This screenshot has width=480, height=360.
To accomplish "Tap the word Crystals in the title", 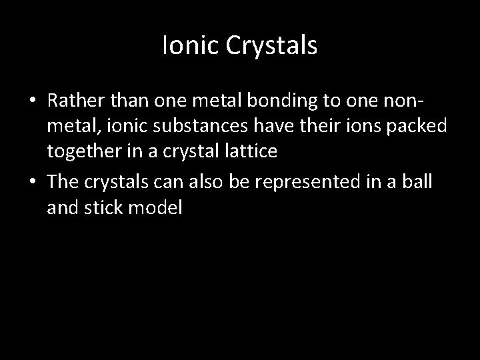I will coord(269,47).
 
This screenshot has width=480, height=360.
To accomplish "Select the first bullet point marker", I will coord(32,101).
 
